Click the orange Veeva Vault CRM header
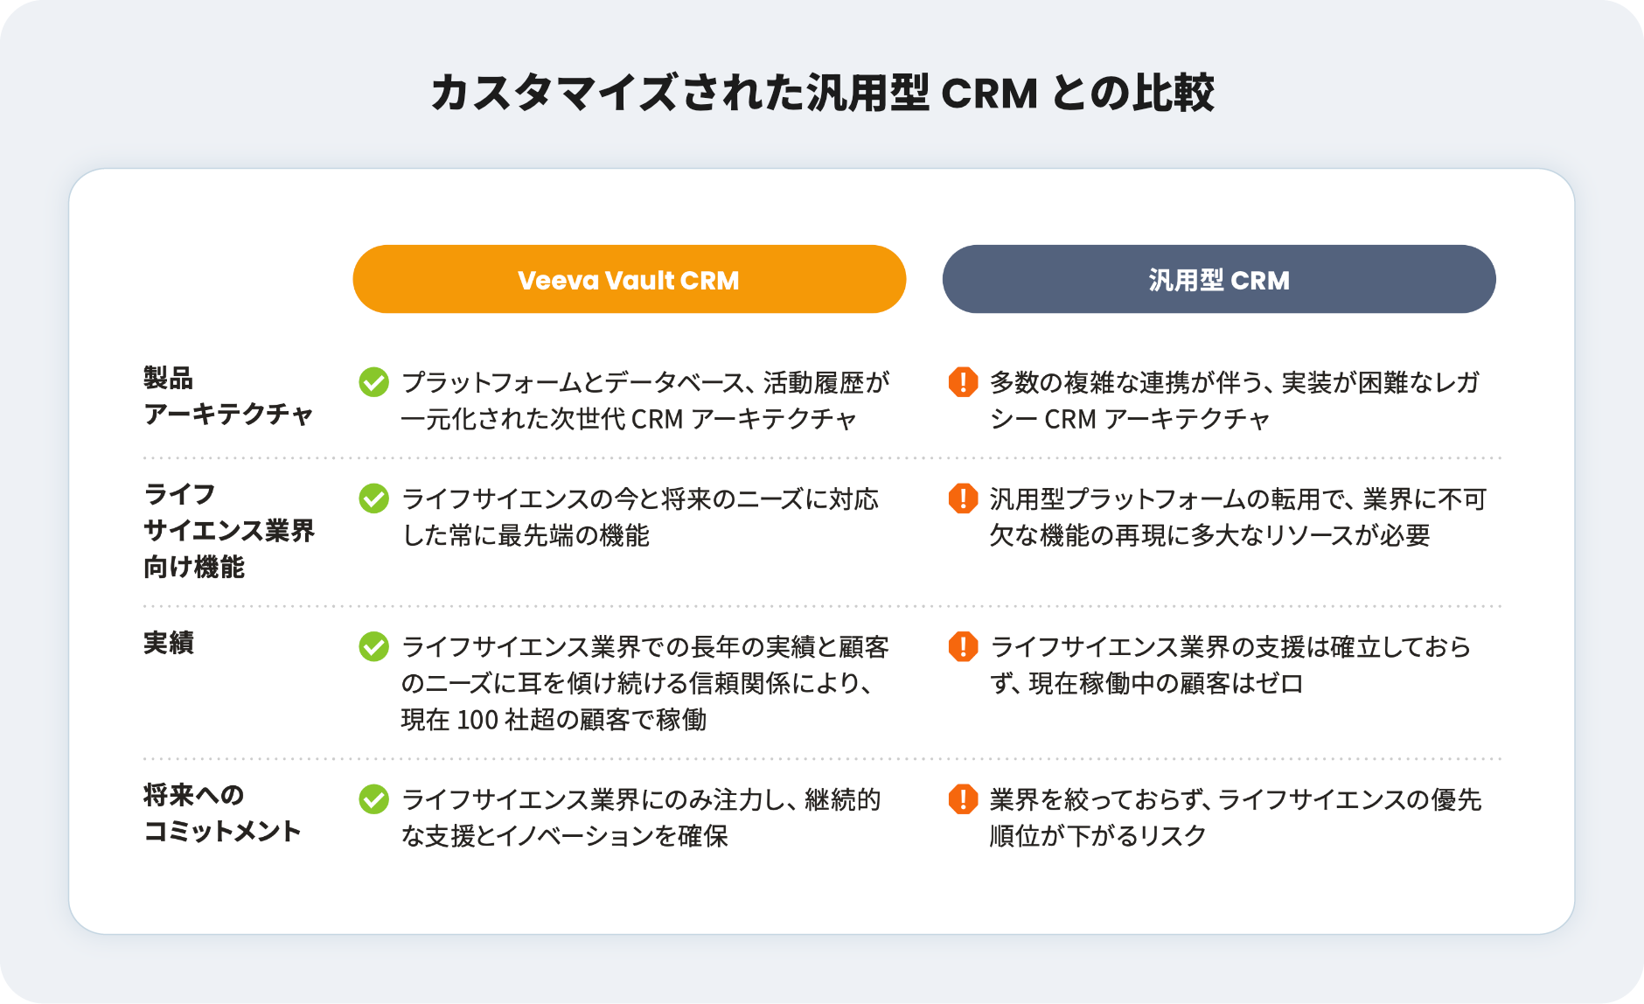[x=629, y=279]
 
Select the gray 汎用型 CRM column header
[x=1219, y=279]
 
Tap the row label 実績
[x=169, y=643]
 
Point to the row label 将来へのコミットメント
[x=222, y=812]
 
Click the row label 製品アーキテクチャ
[x=228, y=395]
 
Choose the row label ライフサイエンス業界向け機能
[x=229, y=530]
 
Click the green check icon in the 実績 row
[x=373, y=646]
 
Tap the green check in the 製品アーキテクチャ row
[x=373, y=381]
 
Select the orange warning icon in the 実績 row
[x=963, y=646]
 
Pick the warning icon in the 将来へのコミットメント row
[x=963, y=798]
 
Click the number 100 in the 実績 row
[x=477, y=720]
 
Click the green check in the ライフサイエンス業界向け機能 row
[x=373, y=499]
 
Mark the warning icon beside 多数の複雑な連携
[x=963, y=381]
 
